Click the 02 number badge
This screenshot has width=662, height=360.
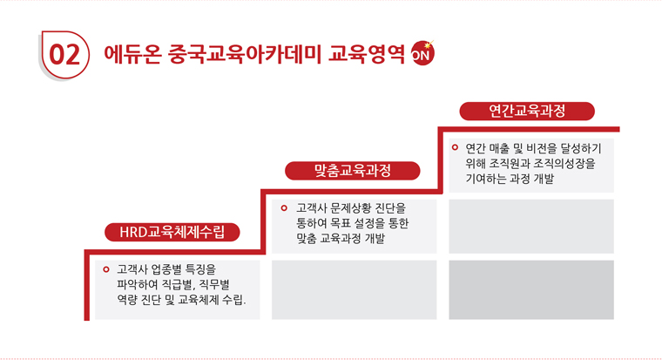pyautogui.click(x=64, y=55)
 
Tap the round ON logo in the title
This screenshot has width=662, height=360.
pyautogui.click(x=422, y=53)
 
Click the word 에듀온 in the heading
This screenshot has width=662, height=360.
pyautogui.click(x=132, y=54)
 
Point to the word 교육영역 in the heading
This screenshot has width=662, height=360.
pyautogui.click(x=367, y=54)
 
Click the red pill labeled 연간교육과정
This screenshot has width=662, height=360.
pyautogui.click(x=527, y=111)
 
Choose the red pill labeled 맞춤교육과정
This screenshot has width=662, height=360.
pyautogui.click(x=353, y=171)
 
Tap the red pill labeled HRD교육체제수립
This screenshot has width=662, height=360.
pyautogui.click(x=172, y=232)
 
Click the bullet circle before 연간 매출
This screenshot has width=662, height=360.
pyautogui.click(x=455, y=147)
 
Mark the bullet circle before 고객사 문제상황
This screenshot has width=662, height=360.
pyautogui.click(x=284, y=207)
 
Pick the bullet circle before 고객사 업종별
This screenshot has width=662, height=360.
pyautogui.click(x=106, y=269)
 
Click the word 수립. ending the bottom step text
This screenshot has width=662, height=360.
pyautogui.click(x=234, y=300)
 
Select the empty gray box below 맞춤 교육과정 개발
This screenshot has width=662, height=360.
pyautogui.click(x=355, y=290)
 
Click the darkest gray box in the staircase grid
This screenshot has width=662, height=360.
pyautogui.click(x=531, y=290)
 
